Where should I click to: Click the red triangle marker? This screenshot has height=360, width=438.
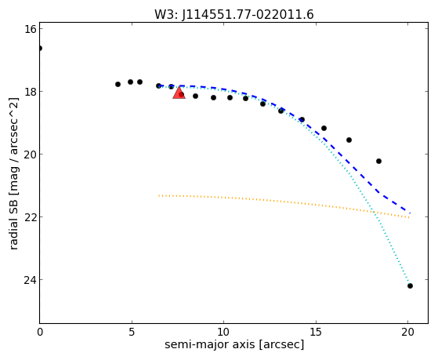pos(179,93)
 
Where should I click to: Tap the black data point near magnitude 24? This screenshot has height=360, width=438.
pos(410,285)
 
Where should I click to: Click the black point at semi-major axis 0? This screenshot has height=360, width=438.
pos(40,48)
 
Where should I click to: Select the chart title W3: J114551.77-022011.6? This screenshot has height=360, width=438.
pos(234,14)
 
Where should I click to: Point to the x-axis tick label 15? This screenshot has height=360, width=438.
pos(316,332)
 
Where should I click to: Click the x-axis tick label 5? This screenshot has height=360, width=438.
pos(132,332)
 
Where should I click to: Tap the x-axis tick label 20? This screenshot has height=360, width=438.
pos(407,332)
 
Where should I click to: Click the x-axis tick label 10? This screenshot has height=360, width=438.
pos(223,332)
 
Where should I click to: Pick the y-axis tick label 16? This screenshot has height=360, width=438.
pos(30,29)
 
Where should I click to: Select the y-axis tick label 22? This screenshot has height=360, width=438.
pos(30,217)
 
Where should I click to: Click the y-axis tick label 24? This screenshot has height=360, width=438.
pos(30,280)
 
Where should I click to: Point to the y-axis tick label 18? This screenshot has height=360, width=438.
pos(30,92)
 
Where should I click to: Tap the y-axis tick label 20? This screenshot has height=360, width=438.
pos(30,155)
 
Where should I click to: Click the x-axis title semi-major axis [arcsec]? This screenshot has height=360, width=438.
pos(234,344)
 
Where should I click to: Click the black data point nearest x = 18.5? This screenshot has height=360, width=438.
pos(378,161)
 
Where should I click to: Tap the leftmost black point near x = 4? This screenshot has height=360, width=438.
pos(118,84)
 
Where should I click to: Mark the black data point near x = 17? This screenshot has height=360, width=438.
pos(349,140)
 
